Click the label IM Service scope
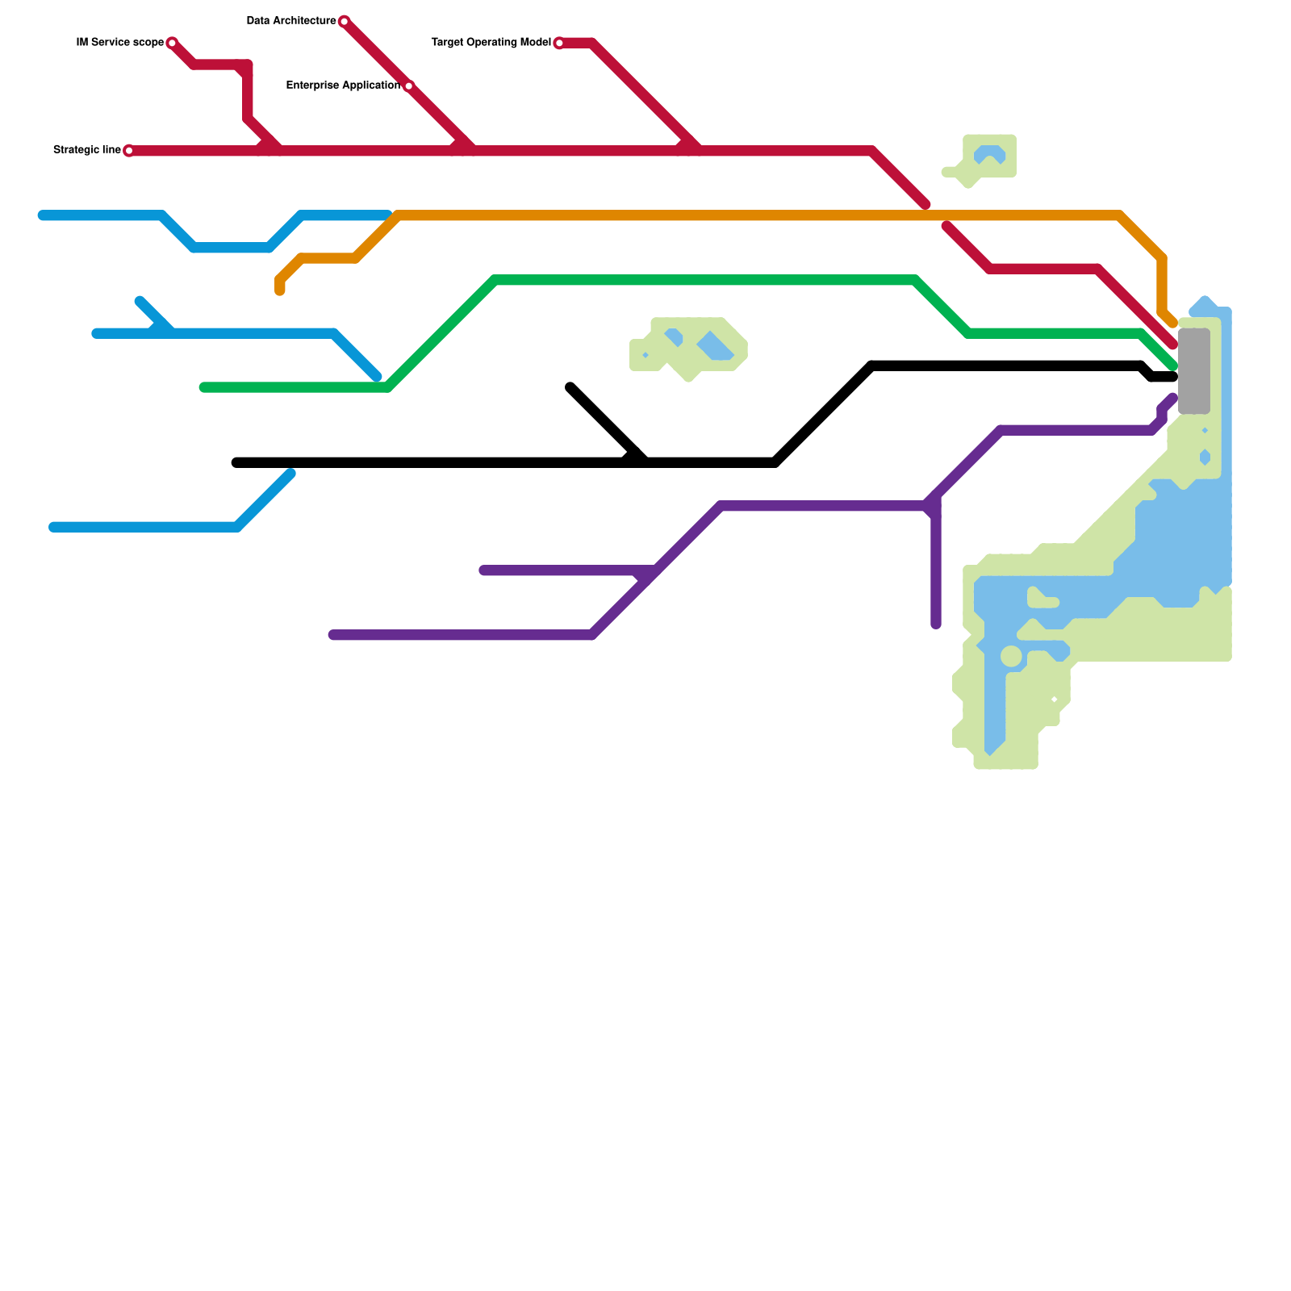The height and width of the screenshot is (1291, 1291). click(x=119, y=43)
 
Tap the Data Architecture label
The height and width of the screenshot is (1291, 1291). click(x=290, y=21)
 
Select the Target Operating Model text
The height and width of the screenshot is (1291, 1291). click(x=491, y=43)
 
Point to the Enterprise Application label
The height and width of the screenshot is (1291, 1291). click(x=343, y=86)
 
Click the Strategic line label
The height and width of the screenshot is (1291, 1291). click(x=86, y=150)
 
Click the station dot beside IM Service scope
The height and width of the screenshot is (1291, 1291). click(x=172, y=43)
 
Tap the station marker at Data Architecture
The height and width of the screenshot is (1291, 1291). click(x=345, y=21)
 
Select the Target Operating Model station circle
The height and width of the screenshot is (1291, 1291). click(x=559, y=43)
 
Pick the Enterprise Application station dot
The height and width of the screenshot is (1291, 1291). click(x=408, y=86)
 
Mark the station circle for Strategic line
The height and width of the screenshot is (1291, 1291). click(x=129, y=151)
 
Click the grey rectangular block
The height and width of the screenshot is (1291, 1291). click(x=1194, y=371)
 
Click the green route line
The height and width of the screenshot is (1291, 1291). click(x=702, y=280)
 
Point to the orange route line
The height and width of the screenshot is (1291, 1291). click(x=726, y=215)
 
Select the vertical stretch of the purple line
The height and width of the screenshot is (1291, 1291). click(x=936, y=565)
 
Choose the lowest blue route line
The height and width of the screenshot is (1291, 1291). click(x=145, y=527)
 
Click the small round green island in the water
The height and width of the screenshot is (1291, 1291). click(x=1011, y=656)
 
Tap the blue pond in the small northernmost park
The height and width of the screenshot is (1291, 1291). click(x=989, y=153)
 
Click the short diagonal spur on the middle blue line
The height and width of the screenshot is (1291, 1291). click(x=153, y=314)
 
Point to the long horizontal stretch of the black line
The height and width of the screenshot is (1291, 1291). click(x=484, y=462)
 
